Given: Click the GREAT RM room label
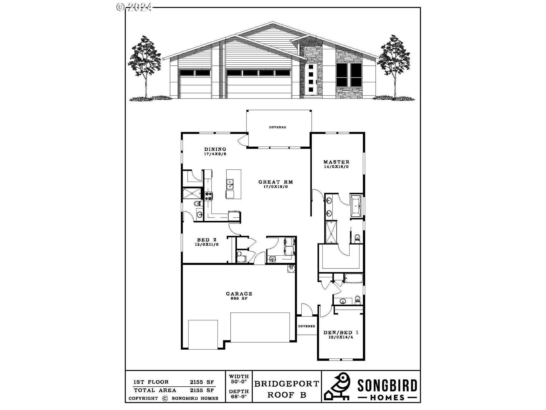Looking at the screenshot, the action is pos(276,182).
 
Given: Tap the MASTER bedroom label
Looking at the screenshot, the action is pos(336,162).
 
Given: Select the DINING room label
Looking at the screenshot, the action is pos(215,149).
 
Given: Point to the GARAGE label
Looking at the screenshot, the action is pos(239,294).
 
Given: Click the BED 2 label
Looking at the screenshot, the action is pos(207,240).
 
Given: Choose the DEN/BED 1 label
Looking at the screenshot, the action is pos(341,332).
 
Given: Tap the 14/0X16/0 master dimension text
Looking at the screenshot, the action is pos(336,167).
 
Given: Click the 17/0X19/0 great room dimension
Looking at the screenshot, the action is pos(276,187).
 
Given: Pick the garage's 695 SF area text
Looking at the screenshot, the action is pos(239,298).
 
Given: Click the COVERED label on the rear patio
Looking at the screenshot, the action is pos(278,127).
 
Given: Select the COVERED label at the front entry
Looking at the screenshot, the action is pos(307,326).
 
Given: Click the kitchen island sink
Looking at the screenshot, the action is pos(230,184).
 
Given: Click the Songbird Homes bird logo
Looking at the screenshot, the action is pos(338,386).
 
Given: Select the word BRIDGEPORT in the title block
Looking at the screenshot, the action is pos(287,384).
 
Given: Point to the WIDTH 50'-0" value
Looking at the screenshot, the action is pos(239,381).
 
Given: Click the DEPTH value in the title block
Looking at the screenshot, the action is pos(239,396).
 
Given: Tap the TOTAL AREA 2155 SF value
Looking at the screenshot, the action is pos(202,390).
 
